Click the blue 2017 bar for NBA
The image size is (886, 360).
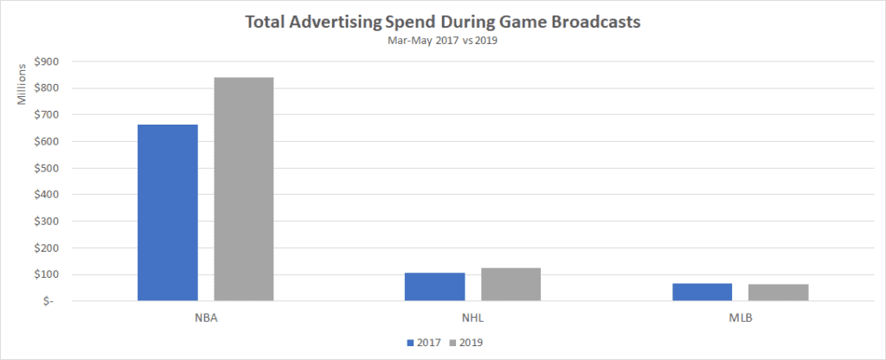click(x=168, y=213)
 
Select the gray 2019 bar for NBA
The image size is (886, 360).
click(x=244, y=190)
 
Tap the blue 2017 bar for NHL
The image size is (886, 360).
click(x=435, y=286)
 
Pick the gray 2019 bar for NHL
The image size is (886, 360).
click(x=511, y=284)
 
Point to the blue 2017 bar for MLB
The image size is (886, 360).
click(x=703, y=292)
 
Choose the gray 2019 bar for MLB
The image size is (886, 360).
click(x=779, y=292)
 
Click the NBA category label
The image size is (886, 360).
click(x=206, y=317)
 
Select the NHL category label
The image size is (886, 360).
click(x=473, y=317)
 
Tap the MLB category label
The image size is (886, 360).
click(x=741, y=317)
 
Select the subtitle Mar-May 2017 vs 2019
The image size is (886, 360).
click(x=443, y=40)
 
